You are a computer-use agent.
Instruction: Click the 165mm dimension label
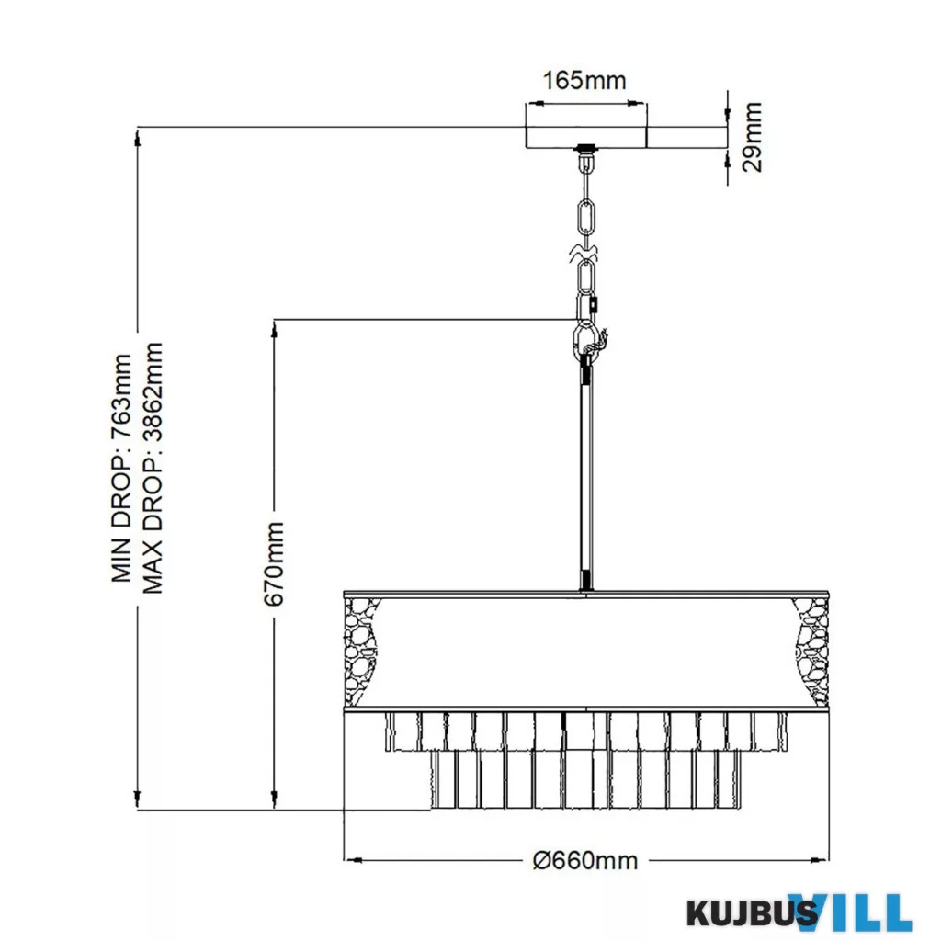pos(584,80)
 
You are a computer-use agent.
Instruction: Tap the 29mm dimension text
pos(752,138)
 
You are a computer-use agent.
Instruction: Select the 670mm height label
pos(274,563)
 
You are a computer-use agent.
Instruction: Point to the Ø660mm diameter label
pos(585,860)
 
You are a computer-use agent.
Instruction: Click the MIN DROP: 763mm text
pos(121,468)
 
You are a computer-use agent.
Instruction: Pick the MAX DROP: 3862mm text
pos(153,468)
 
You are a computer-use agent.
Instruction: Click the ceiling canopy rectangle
pos(586,138)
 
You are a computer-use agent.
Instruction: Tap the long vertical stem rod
pos(585,477)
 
